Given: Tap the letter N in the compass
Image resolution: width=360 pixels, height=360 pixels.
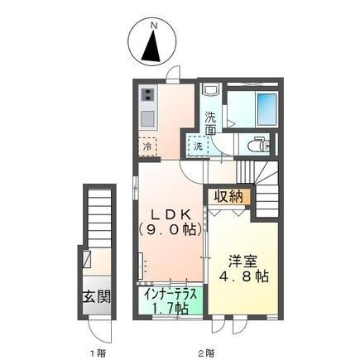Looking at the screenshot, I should click(x=152, y=26).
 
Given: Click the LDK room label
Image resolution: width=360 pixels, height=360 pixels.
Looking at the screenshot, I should click(x=170, y=213).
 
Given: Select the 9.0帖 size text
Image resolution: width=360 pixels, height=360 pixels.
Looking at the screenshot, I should click(x=170, y=228).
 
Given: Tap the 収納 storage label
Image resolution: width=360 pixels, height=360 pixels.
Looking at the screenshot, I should click(x=231, y=196).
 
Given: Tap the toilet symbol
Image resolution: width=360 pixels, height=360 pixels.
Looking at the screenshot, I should click(x=260, y=144).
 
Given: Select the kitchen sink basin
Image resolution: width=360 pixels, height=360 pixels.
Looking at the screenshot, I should click(x=146, y=114).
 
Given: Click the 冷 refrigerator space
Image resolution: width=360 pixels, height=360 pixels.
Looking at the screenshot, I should click(x=146, y=146).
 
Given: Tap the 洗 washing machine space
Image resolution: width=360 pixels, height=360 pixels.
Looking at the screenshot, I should click(x=198, y=146).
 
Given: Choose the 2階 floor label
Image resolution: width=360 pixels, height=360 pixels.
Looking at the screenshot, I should click(x=207, y=352).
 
